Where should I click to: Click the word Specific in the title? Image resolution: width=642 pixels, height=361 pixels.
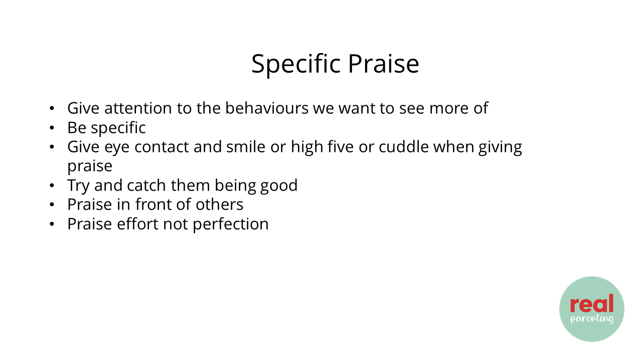(x=296, y=64)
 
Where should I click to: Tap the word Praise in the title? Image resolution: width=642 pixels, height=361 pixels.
(x=384, y=64)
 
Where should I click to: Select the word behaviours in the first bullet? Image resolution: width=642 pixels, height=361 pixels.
(x=267, y=108)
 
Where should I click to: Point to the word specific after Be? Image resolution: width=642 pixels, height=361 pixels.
(x=118, y=128)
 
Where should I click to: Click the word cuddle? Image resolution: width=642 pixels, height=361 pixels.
(x=404, y=147)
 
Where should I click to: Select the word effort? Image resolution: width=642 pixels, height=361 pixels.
(x=137, y=224)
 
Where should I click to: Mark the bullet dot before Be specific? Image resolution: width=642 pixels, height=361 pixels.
(x=52, y=128)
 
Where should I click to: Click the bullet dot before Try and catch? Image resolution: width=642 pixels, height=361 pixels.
(x=52, y=186)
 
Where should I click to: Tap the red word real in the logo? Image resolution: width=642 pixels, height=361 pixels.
(x=591, y=303)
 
